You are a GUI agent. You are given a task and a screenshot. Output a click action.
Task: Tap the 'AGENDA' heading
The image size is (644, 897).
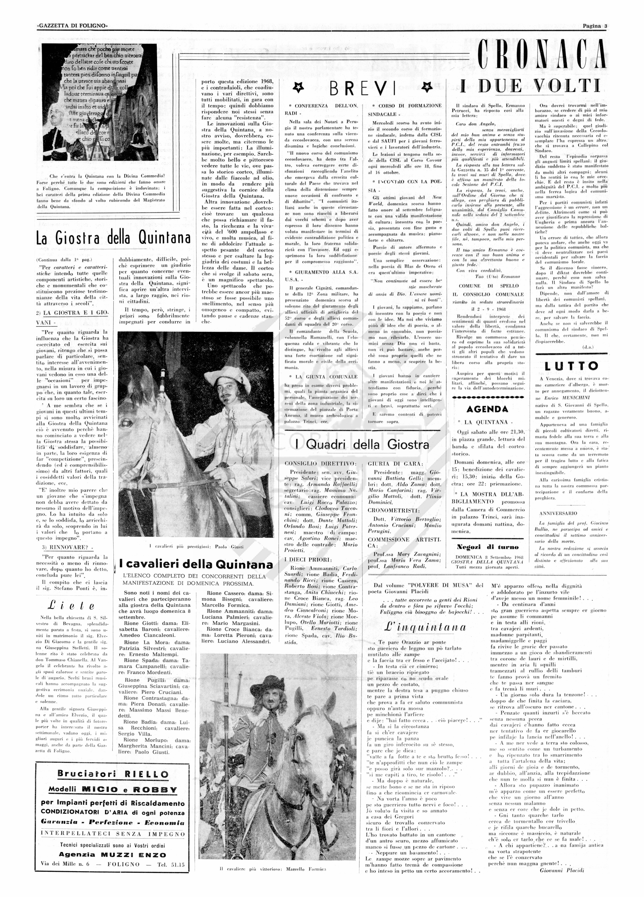(x=487, y=409)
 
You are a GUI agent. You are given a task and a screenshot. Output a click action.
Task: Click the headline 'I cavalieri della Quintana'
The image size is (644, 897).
(x=196, y=564)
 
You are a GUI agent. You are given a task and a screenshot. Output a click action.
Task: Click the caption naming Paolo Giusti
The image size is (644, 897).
(x=196, y=547)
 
